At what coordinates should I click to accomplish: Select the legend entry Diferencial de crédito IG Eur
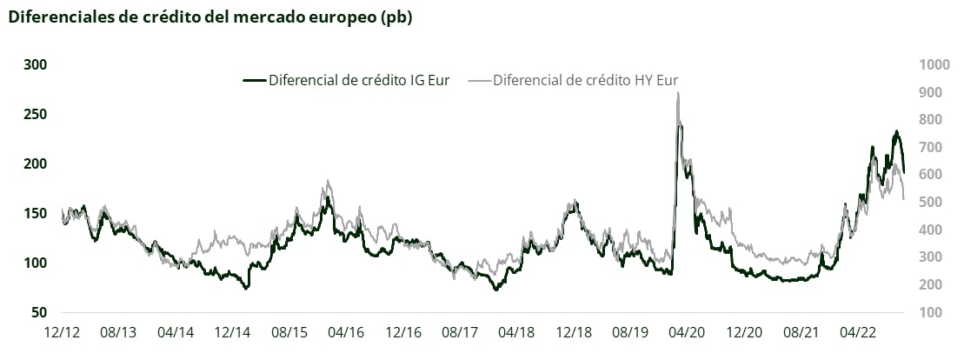click(358, 80)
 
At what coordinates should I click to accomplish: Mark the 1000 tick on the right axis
click(935, 65)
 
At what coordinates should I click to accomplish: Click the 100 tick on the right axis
click(932, 312)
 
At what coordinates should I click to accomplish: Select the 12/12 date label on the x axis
click(63, 332)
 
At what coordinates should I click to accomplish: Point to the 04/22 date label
click(858, 332)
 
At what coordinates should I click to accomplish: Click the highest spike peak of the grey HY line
click(678, 93)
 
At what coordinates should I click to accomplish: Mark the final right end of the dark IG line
click(904, 172)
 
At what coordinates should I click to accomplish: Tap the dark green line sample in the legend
click(254, 80)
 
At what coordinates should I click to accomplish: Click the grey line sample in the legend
click(479, 80)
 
